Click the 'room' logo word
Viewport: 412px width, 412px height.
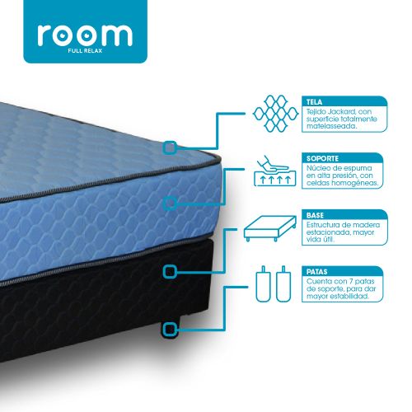click(85, 35)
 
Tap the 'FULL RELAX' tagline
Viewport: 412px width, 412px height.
click(85, 51)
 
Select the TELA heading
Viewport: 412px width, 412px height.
click(314, 102)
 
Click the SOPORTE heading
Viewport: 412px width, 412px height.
click(322, 158)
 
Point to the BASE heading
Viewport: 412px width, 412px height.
click(315, 215)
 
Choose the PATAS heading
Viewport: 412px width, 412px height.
click(317, 272)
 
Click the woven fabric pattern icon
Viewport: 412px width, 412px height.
click(275, 113)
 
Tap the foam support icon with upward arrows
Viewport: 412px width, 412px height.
click(274, 171)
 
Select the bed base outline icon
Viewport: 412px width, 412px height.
click(270, 228)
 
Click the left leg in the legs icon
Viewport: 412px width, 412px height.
click(263, 284)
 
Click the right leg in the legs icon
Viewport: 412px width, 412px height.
click(283, 284)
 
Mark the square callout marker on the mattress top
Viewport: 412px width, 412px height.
click(170, 147)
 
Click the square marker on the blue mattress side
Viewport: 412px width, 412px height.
click(170, 204)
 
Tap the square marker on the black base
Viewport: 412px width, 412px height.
click(170, 272)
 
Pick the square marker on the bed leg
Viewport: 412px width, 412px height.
click(170, 329)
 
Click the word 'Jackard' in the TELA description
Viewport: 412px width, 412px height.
click(341, 112)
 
